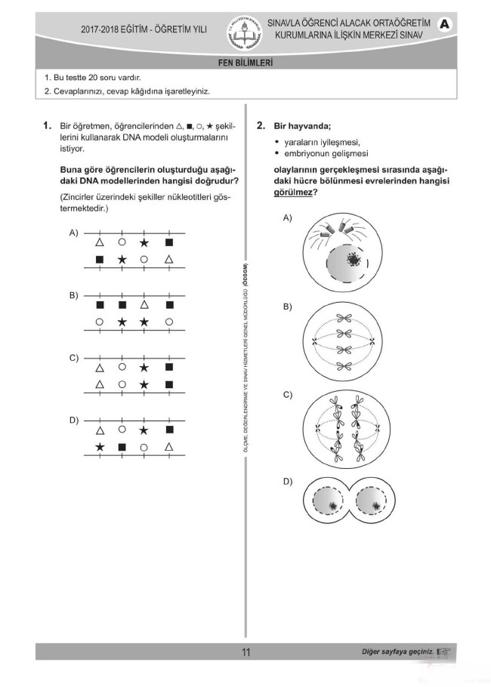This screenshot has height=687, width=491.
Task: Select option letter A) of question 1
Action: [x=74, y=233]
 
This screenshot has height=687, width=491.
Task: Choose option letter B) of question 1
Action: [x=74, y=295]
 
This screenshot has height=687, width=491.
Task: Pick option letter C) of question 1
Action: [x=74, y=357]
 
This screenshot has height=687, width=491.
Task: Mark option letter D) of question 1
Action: [x=74, y=420]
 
